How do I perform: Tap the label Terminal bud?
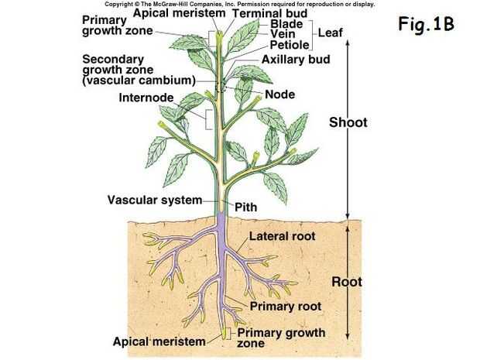269,14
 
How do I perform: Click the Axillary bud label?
297,59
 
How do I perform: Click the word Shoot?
348,122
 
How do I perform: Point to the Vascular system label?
154,200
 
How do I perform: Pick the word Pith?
245,207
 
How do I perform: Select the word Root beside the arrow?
347,282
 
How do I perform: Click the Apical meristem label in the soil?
159,341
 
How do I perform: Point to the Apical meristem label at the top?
178,13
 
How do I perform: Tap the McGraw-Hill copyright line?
239,4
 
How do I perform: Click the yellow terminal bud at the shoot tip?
219,35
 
